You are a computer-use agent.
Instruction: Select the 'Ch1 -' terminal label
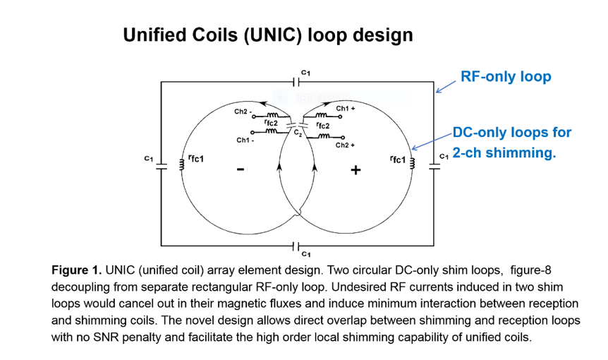point(244,140)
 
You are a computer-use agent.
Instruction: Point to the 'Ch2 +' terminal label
point(345,145)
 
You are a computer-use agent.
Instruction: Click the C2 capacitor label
point(298,132)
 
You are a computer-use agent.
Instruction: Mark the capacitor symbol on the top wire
point(297,82)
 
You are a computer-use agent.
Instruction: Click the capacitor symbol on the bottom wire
point(297,246)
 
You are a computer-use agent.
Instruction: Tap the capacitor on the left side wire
point(162,164)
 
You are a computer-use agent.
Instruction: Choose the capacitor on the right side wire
point(432,164)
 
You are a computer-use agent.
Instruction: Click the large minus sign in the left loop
point(241,169)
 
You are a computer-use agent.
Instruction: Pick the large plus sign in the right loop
point(355,170)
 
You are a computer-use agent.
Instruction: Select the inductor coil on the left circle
point(183,164)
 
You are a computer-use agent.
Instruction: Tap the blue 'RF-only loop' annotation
point(505,76)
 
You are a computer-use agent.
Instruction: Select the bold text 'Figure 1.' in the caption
point(77,270)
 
